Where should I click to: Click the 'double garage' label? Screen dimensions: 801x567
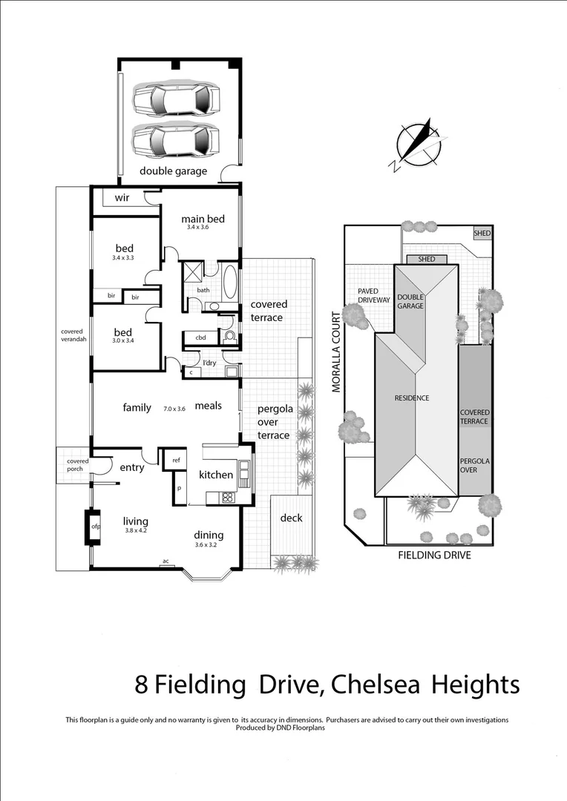point(174,171)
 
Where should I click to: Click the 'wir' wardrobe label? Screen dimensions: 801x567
point(122,198)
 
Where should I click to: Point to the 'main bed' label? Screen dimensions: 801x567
point(203,219)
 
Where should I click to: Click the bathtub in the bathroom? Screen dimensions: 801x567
point(229,283)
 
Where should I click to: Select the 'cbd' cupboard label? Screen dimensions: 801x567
point(200,337)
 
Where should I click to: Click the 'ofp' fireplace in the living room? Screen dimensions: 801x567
point(95,527)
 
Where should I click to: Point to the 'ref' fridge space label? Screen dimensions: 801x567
point(176,460)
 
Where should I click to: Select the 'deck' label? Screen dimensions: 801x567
point(292,518)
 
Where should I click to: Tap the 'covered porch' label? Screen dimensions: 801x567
point(77,465)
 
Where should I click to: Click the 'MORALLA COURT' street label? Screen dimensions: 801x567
point(336,352)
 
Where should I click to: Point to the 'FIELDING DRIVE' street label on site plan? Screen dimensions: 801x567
point(434,555)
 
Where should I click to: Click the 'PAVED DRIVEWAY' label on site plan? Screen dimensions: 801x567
point(373,296)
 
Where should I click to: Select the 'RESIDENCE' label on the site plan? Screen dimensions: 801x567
point(411,398)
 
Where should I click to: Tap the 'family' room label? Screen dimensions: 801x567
point(137,407)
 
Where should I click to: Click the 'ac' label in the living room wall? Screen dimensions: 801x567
point(165,561)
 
